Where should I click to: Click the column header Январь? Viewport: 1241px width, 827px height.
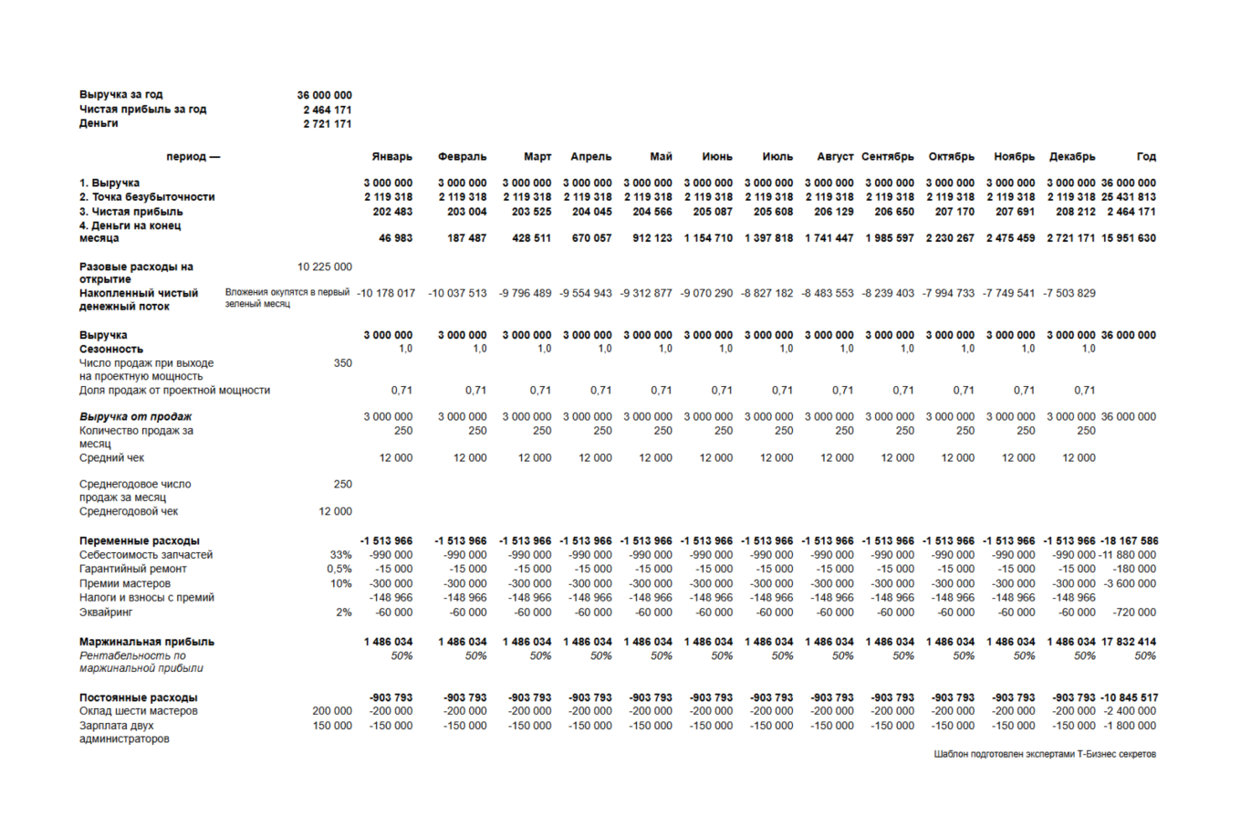pyautogui.click(x=391, y=157)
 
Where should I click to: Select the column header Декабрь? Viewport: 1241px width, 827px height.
pyautogui.click(x=1072, y=157)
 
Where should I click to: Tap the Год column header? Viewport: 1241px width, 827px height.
pyautogui.click(x=1146, y=157)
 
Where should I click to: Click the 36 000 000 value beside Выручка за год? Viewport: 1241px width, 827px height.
pyautogui.click(x=324, y=95)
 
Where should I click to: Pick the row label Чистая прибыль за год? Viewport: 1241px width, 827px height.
pyautogui.click(x=142, y=110)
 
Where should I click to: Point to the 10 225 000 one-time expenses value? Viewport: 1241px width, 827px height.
pyautogui.click(x=324, y=267)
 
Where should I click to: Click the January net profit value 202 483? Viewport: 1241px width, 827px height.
pyautogui.click(x=392, y=212)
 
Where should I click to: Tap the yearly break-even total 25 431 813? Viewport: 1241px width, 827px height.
pyautogui.click(x=1128, y=197)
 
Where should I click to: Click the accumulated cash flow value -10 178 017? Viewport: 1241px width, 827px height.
pyautogui.click(x=386, y=294)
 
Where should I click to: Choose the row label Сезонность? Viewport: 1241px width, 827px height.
pyautogui.click(x=111, y=350)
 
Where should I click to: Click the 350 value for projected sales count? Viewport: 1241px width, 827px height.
pyautogui.click(x=342, y=363)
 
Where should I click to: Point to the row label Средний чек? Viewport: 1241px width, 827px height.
pyautogui.click(x=111, y=458)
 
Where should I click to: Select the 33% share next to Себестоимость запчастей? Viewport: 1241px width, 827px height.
pyautogui.click(x=340, y=555)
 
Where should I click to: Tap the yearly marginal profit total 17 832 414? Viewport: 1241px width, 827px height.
pyautogui.click(x=1128, y=643)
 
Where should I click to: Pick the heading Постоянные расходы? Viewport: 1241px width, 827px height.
pyautogui.click(x=138, y=698)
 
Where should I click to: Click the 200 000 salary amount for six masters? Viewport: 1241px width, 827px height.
pyautogui.click(x=331, y=712)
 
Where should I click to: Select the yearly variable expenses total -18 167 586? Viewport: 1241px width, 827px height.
pyautogui.click(x=1128, y=541)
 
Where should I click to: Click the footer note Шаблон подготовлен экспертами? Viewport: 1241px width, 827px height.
pyautogui.click(x=1044, y=755)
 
